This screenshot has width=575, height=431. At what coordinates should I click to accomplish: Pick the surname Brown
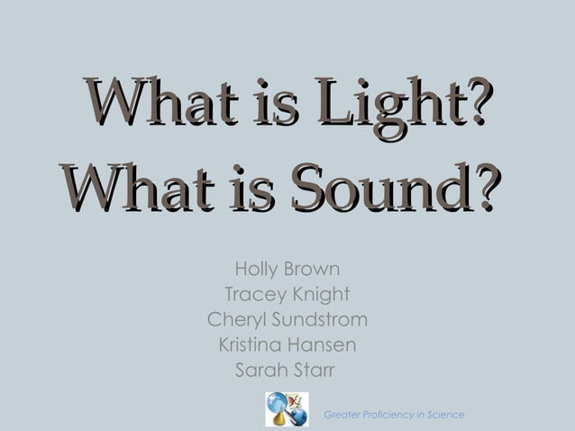point(312,270)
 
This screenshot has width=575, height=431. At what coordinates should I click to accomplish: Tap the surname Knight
point(319,295)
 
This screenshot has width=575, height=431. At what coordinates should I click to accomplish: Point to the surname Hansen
point(325,345)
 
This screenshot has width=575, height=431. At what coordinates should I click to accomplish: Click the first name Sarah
point(258,370)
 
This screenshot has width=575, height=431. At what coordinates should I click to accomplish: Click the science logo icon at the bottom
point(287,408)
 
